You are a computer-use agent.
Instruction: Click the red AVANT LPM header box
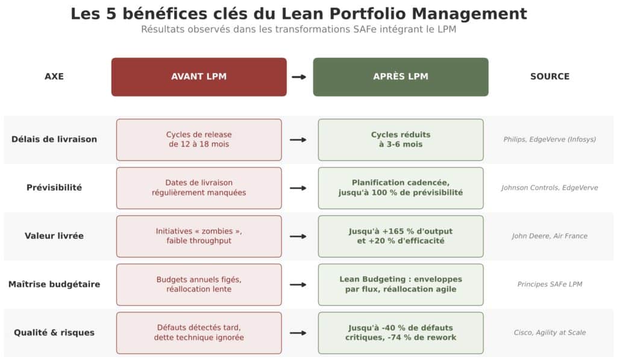pyautogui.click(x=199, y=77)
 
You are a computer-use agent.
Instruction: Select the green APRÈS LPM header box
pyautogui.click(x=401, y=77)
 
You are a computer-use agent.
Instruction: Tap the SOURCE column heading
pyautogui.click(x=550, y=77)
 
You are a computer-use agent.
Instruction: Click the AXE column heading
pyautogui.click(x=54, y=77)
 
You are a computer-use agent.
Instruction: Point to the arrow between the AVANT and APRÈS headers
pyautogui.click(x=299, y=77)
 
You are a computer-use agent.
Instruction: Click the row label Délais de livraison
pyautogui.click(x=54, y=139)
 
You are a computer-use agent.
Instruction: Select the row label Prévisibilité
pyautogui.click(x=54, y=188)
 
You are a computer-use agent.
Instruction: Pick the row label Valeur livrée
pyautogui.click(x=54, y=236)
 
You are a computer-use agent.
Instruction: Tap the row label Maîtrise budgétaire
pyautogui.click(x=54, y=284)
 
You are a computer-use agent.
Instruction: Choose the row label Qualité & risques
pyautogui.click(x=54, y=332)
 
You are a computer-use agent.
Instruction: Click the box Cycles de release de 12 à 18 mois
pyautogui.click(x=199, y=139)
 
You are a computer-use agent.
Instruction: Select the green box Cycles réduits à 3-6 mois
pyautogui.click(x=401, y=139)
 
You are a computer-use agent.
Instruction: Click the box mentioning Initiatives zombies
pyautogui.click(x=199, y=236)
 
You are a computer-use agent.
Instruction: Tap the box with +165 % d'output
pyautogui.click(x=401, y=236)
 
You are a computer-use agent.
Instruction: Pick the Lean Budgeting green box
pyautogui.click(x=401, y=284)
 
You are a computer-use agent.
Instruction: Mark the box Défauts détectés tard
pyautogui.click(x=199, y=332)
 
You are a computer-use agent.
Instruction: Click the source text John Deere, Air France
pyautogui.click(x=550, y=236)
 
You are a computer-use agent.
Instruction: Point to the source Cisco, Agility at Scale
pyautogui.click(x=550, y=332)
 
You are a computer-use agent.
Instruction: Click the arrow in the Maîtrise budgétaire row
pyautogui.click(x=298, y=284)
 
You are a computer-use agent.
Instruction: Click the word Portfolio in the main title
pyautogui.click(x=386, y=14)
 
